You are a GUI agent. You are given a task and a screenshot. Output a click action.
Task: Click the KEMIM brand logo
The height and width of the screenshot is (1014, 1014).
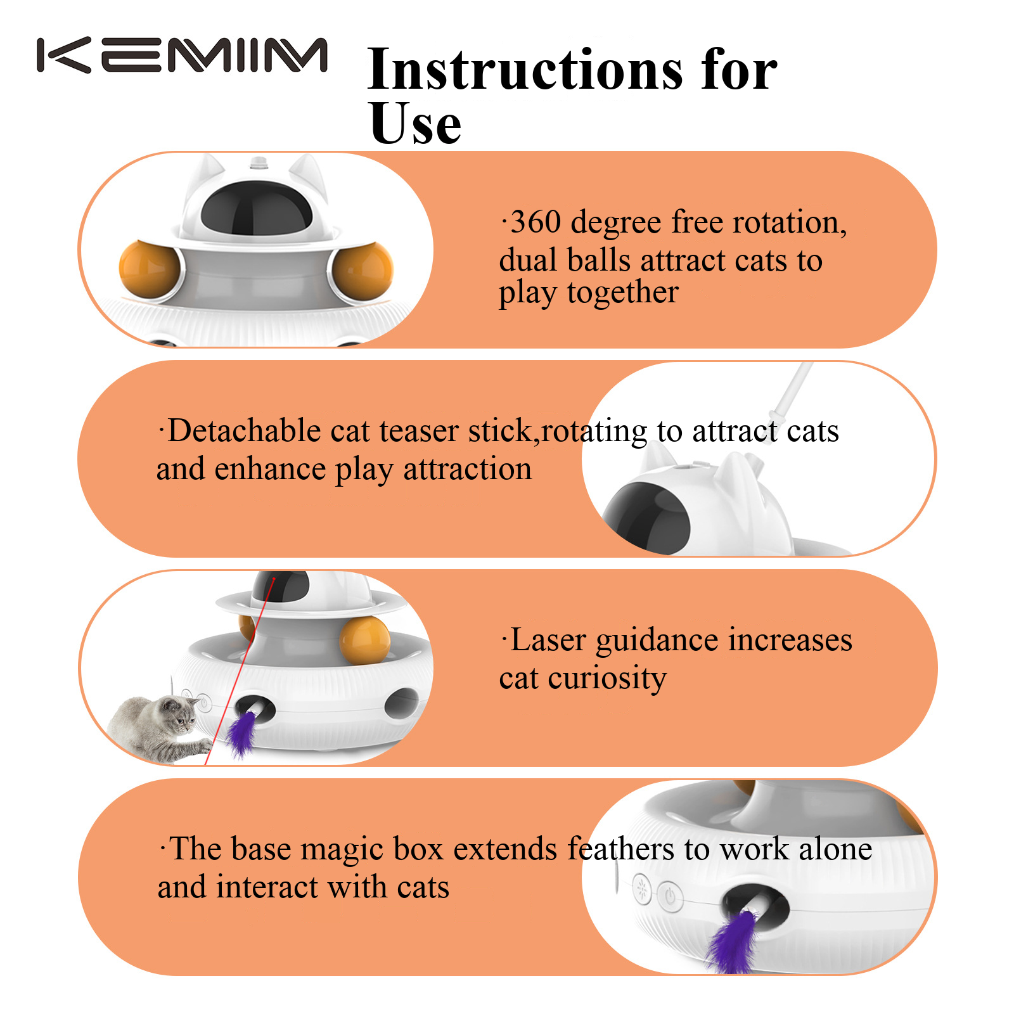tap(182, 56)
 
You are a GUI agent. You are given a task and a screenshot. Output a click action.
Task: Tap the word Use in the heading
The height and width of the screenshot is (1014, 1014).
tap(415, 123)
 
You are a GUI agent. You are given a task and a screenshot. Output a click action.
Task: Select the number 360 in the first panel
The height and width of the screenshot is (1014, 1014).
tap(536, 222)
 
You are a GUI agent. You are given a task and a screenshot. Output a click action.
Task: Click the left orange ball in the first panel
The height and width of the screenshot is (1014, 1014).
tap(150, 268)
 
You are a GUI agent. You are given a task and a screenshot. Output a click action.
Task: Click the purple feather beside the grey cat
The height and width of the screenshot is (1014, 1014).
tap(242, 733)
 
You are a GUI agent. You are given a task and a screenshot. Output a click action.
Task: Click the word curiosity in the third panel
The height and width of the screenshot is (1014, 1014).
tap(607, 679)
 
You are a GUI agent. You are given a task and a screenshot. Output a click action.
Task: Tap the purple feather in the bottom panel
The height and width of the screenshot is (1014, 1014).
tap(735, 940)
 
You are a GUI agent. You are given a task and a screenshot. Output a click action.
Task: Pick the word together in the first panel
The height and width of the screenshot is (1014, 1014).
tap(622, 293)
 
